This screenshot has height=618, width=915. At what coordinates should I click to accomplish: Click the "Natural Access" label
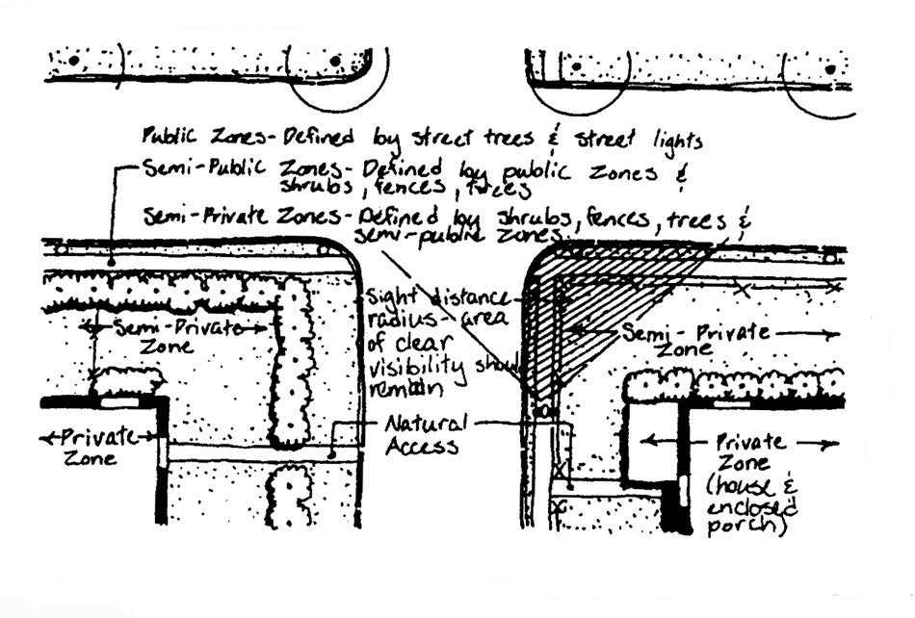tap(423, 434)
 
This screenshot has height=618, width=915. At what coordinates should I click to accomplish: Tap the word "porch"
tap(747, 528)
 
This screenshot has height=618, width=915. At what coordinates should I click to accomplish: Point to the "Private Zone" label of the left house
tap(91, 447)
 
